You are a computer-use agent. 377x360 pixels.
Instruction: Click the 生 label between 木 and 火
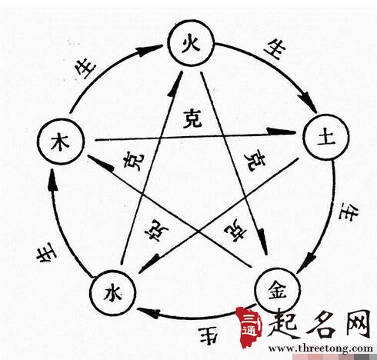[86, 68]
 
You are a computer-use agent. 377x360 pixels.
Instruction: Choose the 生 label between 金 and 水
[208, 335]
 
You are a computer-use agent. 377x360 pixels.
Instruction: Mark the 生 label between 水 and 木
[46, 254]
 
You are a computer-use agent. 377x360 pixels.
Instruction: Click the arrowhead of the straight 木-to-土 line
[282, 131]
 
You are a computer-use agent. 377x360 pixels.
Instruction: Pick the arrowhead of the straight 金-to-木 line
[101, 162]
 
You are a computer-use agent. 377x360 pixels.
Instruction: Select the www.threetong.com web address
[321, 348]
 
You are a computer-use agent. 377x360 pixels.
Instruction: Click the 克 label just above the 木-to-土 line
[192, 118]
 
